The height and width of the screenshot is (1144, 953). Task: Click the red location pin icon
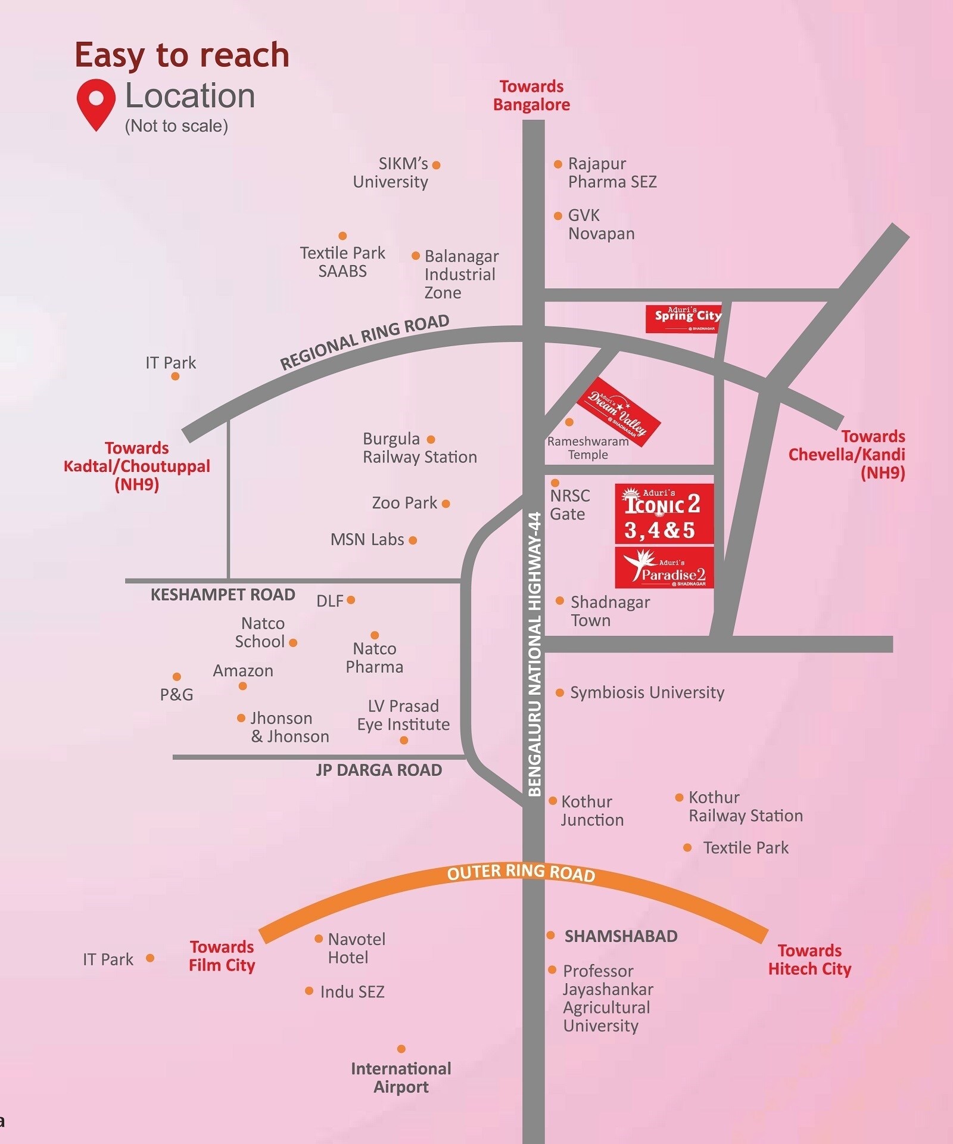pos(96,103)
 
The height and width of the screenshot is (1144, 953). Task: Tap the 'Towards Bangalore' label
pos(531,96)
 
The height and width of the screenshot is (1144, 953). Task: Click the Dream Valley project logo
pos(618,412)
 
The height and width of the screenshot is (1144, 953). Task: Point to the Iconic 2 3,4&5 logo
pos(664,514)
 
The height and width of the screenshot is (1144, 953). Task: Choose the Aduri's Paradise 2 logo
pos(664,568)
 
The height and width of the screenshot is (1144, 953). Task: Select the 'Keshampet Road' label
pos(223,595)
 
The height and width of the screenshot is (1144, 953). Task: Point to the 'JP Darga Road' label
pos(379,770)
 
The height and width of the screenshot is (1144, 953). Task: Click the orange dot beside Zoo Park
pos(446,504)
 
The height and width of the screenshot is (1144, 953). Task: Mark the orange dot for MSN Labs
pos(413,540)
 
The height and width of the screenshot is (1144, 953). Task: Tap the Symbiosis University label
pos(647,692)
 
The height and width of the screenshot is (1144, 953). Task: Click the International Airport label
pos(401,1077)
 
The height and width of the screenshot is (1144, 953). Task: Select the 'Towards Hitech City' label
pos(809,959)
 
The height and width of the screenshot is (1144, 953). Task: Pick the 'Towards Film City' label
pos(222,956)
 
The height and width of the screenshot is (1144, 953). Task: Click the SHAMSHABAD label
pos(621,936)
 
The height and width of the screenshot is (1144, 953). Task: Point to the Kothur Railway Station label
pos(745,807)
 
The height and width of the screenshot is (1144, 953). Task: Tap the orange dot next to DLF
pos(351,600)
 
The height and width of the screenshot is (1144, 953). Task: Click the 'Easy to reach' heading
pos(182,55)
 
